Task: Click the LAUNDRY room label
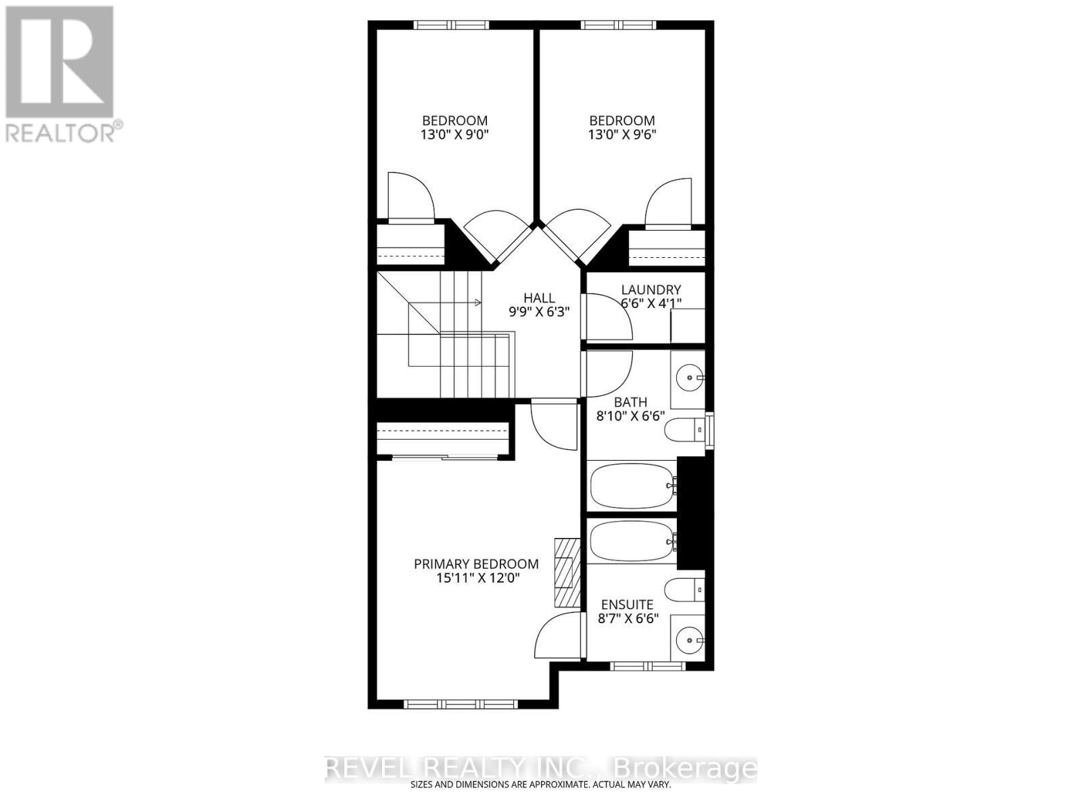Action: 651,290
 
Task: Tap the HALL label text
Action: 539,298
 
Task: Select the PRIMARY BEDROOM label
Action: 476,564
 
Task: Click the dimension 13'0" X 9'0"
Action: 454,134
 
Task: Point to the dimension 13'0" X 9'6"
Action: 622,134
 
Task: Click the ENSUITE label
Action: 627,604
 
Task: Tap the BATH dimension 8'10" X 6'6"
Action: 630,416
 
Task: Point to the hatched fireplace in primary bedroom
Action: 567,572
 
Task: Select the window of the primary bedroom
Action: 461,704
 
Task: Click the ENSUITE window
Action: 648,666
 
